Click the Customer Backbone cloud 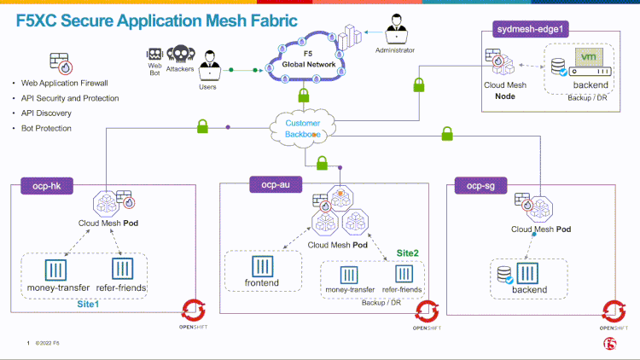click(x=303, y=129)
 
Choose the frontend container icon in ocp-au click(x=262, y=265)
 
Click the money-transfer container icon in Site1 click(x=55, y=271)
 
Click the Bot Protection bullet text click(x=46, y=128)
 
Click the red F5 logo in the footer click(x=609, y=344)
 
